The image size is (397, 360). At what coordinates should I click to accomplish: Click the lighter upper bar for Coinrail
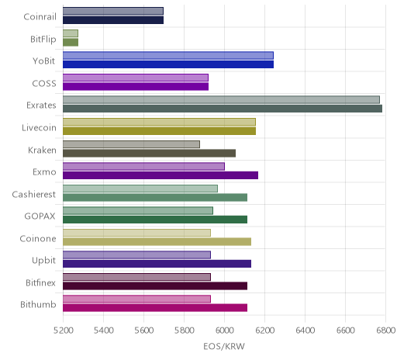(x=113, y=11)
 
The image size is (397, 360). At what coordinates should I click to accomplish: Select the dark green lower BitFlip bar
(x=71, y=43)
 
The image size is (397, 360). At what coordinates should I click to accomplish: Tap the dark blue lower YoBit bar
(x=168, y=64)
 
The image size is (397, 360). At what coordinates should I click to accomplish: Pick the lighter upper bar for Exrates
(x=221, y=100)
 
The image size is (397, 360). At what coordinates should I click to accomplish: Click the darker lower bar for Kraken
(x=149, y=154)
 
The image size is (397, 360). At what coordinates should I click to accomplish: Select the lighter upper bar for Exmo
(x=143, y=167)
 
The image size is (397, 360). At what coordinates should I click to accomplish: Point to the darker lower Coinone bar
(x=157, y=242)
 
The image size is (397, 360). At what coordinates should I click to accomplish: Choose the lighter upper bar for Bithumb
(x=136, y=299)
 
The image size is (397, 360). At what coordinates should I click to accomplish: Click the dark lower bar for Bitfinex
(x=155, y=286)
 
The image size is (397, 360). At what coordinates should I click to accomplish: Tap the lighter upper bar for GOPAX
(x=138, y=211)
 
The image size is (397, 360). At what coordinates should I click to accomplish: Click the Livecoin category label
(x=39, y=128)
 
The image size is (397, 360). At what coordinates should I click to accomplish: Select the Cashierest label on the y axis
(x=34, y=194)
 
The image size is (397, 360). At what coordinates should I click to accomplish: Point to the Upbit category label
(x=43, y=261)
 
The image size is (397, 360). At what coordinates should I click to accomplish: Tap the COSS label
(x=44, y=84)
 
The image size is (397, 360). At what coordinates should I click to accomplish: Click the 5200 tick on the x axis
(x=63, y=331)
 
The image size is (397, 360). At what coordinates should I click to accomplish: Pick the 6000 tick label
(x=224, y=331)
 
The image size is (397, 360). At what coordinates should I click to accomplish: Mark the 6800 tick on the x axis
(x=385, y=331)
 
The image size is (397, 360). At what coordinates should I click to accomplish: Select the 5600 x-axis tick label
(x=143, y=331)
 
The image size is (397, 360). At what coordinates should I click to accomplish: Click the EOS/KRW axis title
(x=224, y=347)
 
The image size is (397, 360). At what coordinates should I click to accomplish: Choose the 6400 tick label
(x=305, y=331)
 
